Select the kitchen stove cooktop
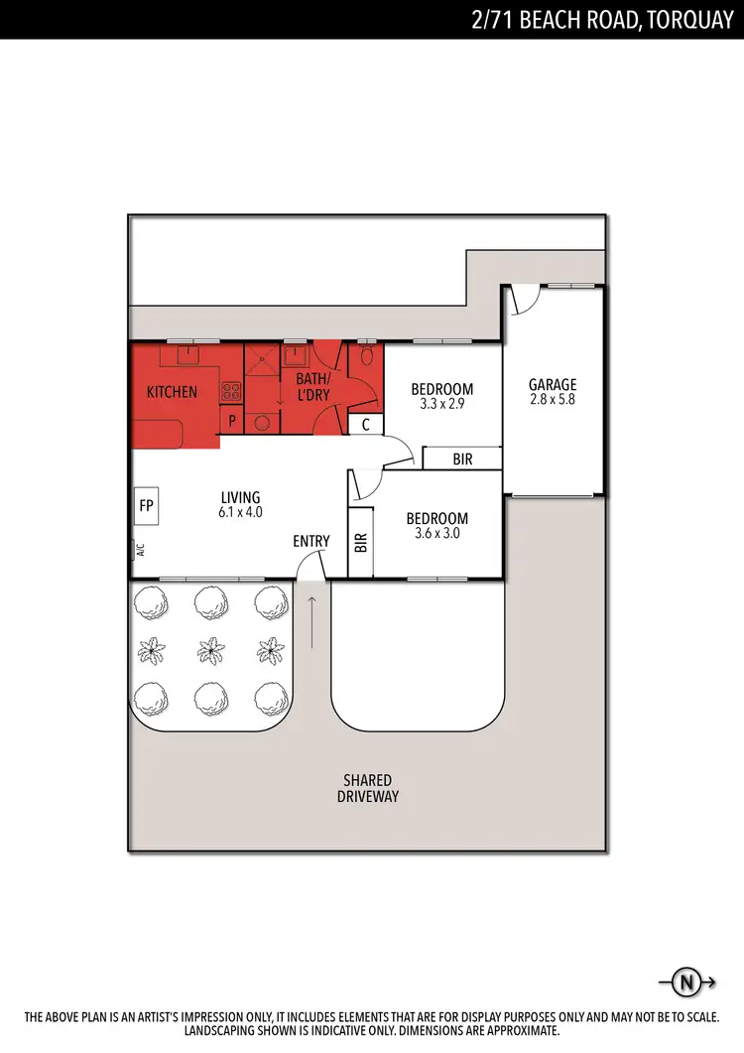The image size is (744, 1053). coord(231,391)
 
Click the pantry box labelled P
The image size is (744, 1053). coord(231,421)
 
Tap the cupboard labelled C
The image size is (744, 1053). coord(365,425)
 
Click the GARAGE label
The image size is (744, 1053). coord(553,385)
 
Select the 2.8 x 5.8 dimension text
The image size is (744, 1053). coord(553,400)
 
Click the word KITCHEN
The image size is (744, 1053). coord(172,392)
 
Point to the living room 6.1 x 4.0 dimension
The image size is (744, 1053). coord(240,512)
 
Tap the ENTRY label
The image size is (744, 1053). coord(311,541)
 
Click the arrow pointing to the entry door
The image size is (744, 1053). coord(313,622)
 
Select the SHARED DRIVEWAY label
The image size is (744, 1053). coord(367,788)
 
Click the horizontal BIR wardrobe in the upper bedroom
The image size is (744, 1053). coord(462,460)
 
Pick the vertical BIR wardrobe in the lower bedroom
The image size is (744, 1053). coord(360,542)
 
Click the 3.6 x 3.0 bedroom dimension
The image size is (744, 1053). coord(437,533)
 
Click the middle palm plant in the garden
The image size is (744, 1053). coord(210,651)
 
